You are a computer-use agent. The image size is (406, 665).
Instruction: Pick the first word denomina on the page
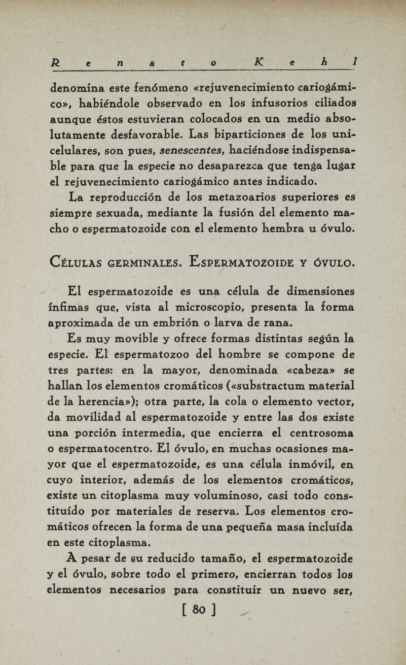coord(83,87)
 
